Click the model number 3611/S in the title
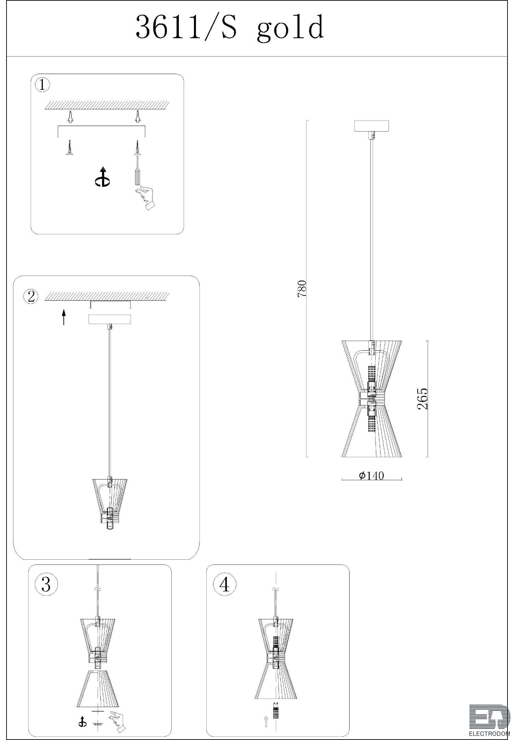click(x=186, y=27)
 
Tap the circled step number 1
click(x=42, y=85)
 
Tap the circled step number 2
click(x=31, y=296)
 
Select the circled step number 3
click(x=46, y=584)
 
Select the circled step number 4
click(x=224, y=584)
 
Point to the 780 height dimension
click(x=302, y=289)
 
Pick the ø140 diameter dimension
click(x=371, y=475)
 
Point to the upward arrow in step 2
click(x=64, y=317)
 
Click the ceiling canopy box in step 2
click(x=110, y=319)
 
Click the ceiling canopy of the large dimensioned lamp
click(x=372, y=126)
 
